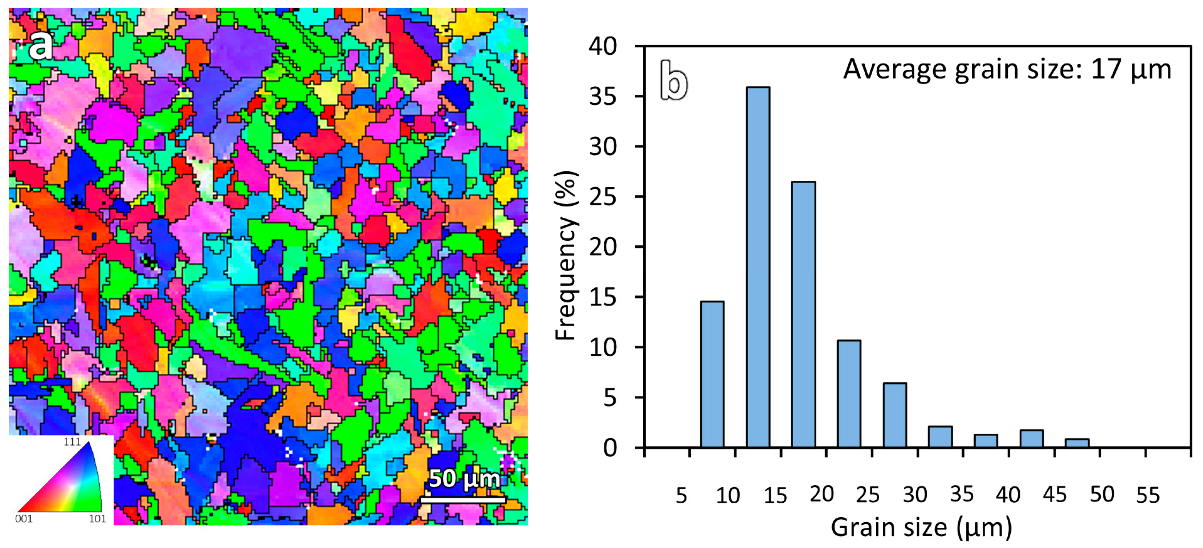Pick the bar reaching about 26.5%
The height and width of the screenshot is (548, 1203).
pyautogui.click(x=803, y=315)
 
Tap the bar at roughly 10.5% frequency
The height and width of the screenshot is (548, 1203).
pyautogui.click(x=849, y=394)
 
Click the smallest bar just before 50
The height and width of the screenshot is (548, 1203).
pyautogui.click(x=1077, y=443)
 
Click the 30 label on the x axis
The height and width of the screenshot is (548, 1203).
pyautogui.click(x=914, y=495)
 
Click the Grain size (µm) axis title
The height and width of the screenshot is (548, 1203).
pyautogui.click(x=921, y=527)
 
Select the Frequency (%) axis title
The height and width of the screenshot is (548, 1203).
pyautogui.click(x=566, y=256)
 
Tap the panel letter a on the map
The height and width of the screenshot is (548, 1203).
pyautogui.click(x=40, y=45)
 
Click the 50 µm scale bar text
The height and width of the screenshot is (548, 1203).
pyautogui.click(x=464, y=478)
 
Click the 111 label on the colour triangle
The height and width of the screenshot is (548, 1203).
pyautogui.click(x=72, y=442)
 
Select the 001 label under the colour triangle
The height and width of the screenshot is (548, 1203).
pyautogui.click(x=24, y=519)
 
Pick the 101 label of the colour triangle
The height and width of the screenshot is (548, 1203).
pyautogui.click(x=97, y=519)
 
